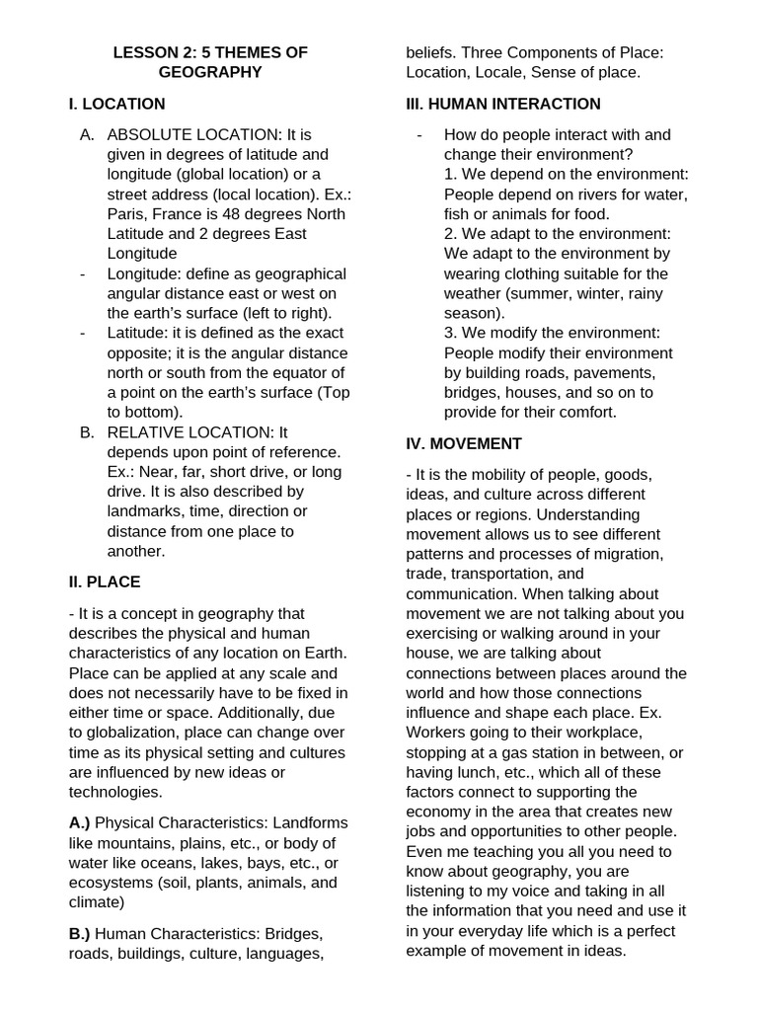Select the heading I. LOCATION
[x=116, y=104]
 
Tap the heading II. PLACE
[x=105, y=582]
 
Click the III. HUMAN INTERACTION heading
[x=503, y=104]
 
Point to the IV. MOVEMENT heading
[x=464, y=443]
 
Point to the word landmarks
[x=145, y=510]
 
